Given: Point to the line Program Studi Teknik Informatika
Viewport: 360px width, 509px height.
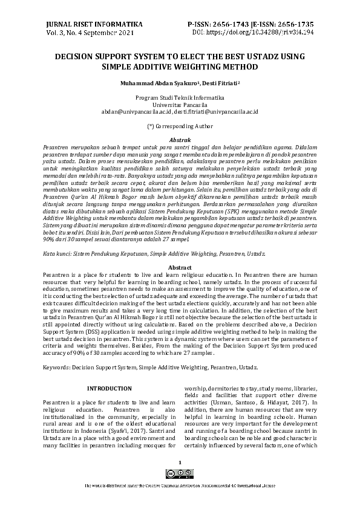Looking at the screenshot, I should pyautogui.click(x=180, y=97).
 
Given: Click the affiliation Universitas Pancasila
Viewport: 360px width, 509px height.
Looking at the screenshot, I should pyautogui.click(x=180, y=105).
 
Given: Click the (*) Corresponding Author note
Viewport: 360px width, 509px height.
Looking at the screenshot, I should pyautogui.click(x=180, y=127).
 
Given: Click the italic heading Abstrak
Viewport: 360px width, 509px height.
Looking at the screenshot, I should pyautogui.click(x=180, y=140).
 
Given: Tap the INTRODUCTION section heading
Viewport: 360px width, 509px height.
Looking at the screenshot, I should pyautogui.click(x=110, y=388).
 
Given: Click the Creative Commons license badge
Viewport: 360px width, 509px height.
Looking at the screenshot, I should pyautogui.click(x=180, y=475).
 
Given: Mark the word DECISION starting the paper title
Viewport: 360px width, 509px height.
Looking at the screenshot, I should pyautogui.click(x=76, y=56).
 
